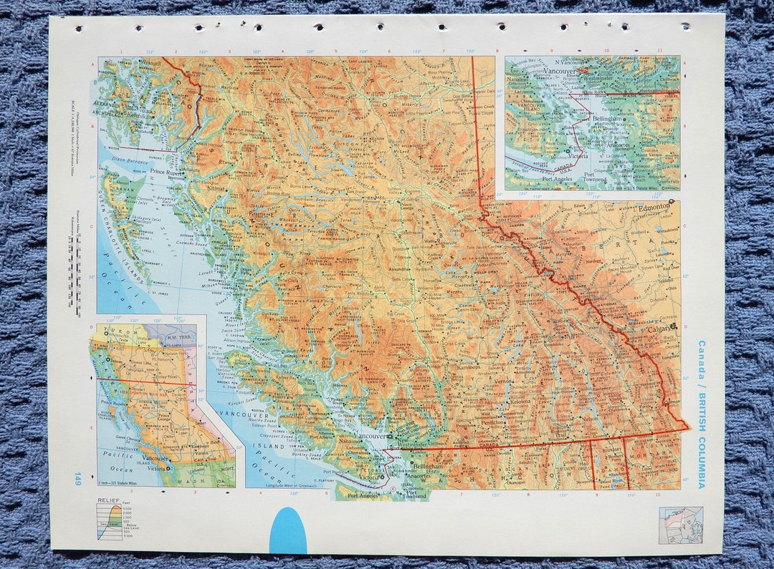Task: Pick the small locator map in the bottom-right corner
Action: [x=680, y=525]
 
